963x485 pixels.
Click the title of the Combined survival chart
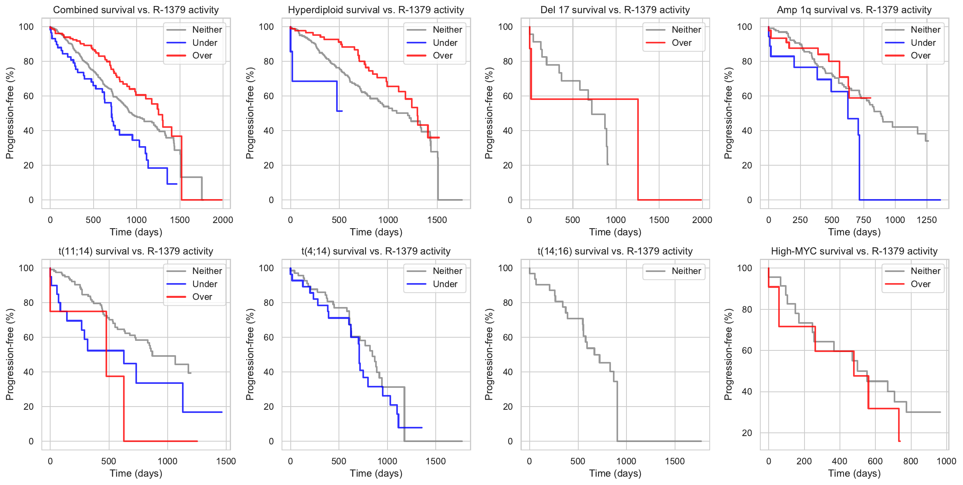pos(136,10)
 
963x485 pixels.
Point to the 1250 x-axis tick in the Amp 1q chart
pos(926,220)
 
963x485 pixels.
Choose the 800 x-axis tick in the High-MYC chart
pos(910,461)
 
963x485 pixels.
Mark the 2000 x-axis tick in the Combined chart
pos(223,220)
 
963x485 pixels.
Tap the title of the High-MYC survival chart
pos(854,251)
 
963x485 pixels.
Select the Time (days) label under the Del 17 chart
pos(615,232)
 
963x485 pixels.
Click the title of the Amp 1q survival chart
pos(854,10)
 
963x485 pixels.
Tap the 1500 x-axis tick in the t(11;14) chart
pos(226,461)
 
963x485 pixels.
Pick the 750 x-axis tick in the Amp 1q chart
pos(863,220)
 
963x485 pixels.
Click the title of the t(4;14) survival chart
pos(376,251)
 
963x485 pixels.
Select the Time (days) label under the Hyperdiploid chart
pos(376,232)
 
